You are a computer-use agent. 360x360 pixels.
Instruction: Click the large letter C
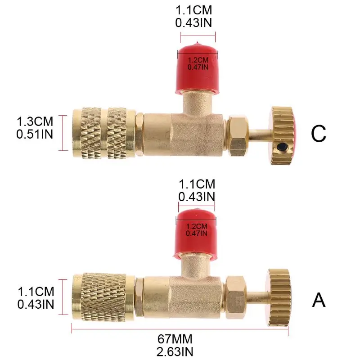pos(319,133)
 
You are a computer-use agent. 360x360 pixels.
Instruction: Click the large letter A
pos(319,300)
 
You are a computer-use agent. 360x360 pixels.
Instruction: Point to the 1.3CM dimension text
pos(35,121)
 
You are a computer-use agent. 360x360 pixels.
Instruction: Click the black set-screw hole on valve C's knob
pos(282,147)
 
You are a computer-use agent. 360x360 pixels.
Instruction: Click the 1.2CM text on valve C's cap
pos(198,60)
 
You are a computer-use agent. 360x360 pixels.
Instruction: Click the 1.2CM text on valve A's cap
pos(197,226)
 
